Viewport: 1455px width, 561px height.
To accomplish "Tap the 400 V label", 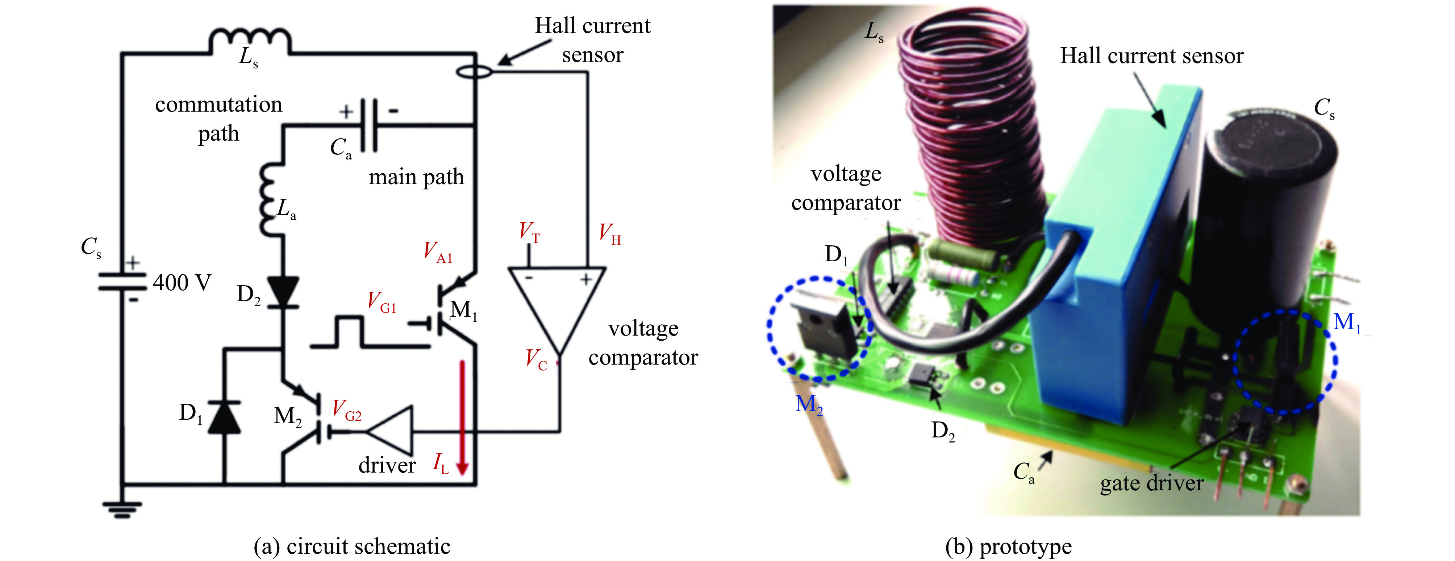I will pos(182,282).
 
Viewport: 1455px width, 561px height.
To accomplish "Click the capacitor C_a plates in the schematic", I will pos(368,125).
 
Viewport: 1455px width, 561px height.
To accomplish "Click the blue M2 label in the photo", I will pos(809,404).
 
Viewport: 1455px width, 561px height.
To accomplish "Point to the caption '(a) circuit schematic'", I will pos(352,546).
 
